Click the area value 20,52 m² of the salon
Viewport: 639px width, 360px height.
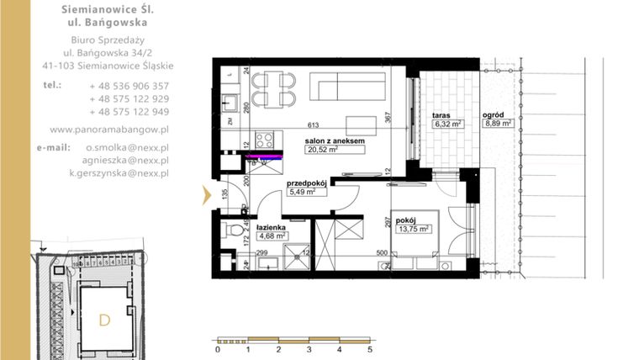tap(323, 151)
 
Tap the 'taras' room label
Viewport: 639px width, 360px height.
tap(443, 114)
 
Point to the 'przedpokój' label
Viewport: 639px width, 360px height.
tap(307, 182)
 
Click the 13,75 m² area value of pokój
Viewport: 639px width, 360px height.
tap(415, 228)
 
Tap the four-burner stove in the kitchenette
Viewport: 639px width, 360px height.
tap(264, 139)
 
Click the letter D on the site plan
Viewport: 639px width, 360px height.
tap(104, 320)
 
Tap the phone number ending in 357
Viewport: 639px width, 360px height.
tap(129, 86)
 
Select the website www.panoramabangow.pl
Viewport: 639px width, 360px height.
tap(109, 130)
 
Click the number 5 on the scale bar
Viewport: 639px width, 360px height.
tap(370, 349)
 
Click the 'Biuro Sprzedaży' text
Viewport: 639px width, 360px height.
tap(105, 40)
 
